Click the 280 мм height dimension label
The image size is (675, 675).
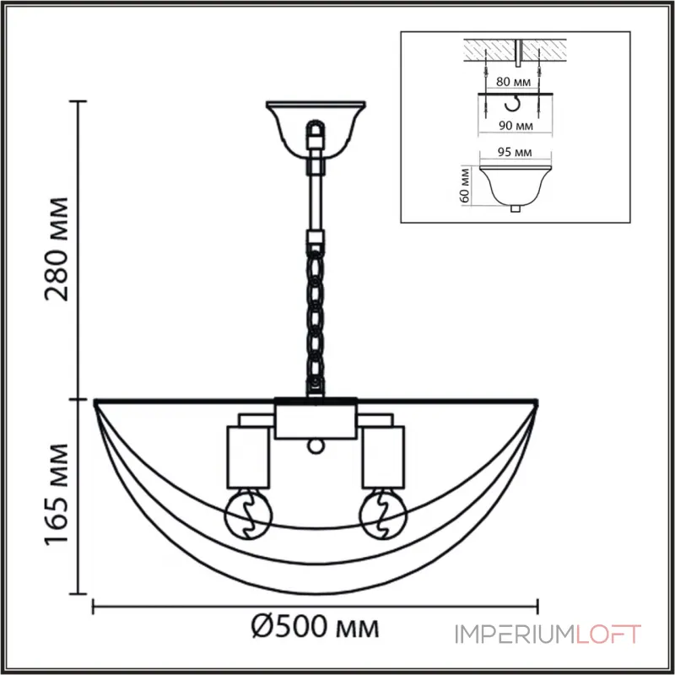57,249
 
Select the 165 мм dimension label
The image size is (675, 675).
57,494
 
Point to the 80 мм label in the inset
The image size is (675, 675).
513,81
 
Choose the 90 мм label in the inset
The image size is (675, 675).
516,126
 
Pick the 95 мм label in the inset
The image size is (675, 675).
515,152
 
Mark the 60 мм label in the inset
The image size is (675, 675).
465,186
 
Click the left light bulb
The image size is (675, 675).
248,515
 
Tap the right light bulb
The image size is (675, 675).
383,515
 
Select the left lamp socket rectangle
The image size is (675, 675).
248,457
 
